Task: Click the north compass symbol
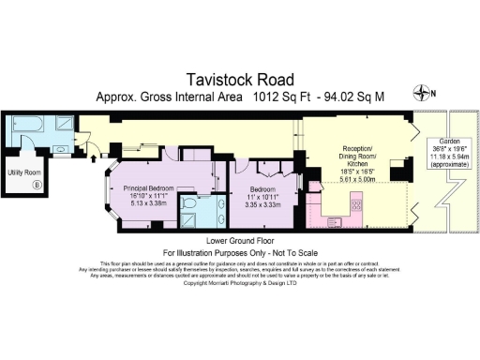coord(428,93)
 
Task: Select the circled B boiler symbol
coord(37,185)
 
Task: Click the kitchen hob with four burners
coord(356,203)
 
